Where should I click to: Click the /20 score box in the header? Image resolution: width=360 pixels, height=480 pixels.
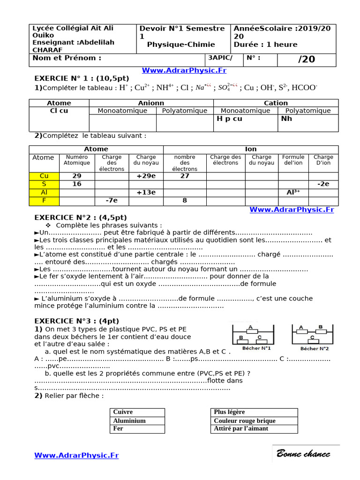pos(307,59)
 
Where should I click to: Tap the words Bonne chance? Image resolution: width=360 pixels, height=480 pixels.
pos(303,454)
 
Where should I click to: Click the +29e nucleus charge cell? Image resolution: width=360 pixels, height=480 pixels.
pos(146,176)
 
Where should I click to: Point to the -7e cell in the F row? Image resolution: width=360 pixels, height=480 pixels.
pos(112,201)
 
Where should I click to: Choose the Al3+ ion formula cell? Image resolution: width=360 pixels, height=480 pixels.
pos(293,193)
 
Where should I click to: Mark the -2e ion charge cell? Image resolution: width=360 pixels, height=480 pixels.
pos(323,184)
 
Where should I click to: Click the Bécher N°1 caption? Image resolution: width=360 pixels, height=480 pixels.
pos(256,348)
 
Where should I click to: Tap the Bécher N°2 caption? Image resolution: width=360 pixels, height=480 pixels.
pos(315,348)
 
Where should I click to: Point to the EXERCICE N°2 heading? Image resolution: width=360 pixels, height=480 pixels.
pos(81,217)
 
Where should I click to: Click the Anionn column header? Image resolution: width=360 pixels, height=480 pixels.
pos(151,103)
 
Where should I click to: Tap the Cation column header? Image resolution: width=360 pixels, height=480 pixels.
pos(276,103)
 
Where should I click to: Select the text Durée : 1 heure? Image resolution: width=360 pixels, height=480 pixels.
pos(265,45)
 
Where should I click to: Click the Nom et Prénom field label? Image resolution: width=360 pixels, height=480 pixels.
pos(67,58)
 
